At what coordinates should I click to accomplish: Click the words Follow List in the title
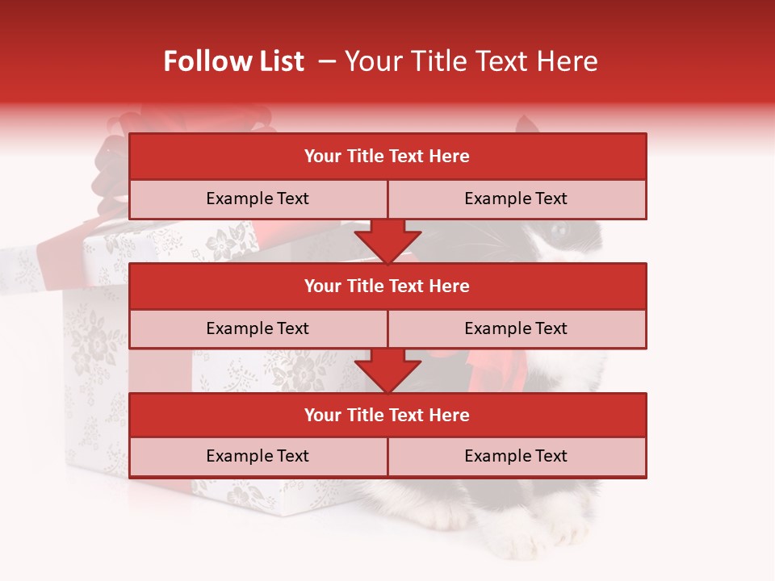[233, 61]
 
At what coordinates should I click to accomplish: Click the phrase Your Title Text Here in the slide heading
[471, 61]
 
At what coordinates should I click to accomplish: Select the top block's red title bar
[387, 157]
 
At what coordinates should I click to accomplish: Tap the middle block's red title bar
[387, 286]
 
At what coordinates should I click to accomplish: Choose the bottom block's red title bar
[387, 415]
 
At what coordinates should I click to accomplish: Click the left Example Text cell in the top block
[258, 199]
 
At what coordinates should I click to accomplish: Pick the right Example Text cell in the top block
[517, 199]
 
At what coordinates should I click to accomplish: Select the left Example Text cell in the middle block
[258, 328]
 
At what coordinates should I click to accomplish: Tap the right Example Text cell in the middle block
[517, 328]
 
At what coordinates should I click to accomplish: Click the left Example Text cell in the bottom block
[258, 456]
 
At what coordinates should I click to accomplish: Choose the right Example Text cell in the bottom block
[517, 456]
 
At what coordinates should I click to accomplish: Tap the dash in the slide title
[326, 61]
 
